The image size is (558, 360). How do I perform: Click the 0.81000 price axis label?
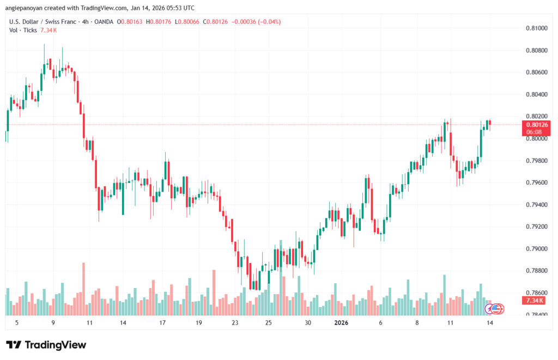coord(536,28)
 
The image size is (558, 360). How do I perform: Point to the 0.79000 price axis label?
coord(536,249)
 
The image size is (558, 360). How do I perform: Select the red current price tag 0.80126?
coord(537,125)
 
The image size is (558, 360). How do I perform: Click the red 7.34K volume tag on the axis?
coord(536,301)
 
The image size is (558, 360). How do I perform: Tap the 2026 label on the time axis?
coord(341,322)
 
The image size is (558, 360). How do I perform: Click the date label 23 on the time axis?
coord(235,322)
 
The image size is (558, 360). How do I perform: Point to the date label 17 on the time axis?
coord(162,322)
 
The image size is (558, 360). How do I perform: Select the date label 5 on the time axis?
coord(17,322)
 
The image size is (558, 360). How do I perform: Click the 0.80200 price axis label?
coord(536,116)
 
